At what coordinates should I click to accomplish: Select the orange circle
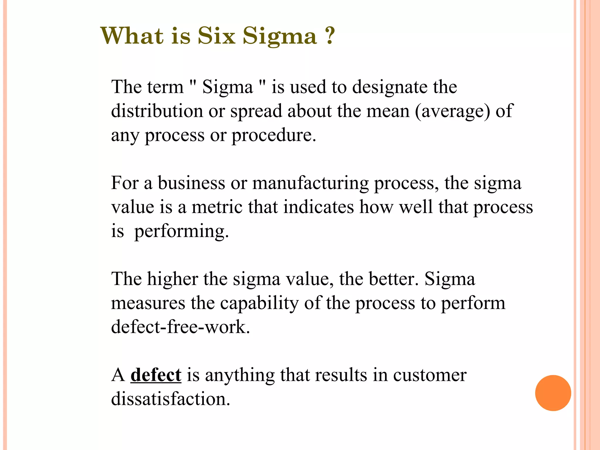553,393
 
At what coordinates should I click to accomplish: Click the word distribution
157,111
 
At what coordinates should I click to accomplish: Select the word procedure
274,136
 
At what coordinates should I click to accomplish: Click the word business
192,183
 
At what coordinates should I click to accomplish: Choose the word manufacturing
310,184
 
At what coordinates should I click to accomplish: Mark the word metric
217,207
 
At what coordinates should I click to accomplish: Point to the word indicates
318,207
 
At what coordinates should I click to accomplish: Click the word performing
181,232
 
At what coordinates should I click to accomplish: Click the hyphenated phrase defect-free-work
180,327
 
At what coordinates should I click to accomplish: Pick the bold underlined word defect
156,375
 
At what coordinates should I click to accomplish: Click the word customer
429,375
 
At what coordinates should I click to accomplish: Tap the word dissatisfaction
171,399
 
